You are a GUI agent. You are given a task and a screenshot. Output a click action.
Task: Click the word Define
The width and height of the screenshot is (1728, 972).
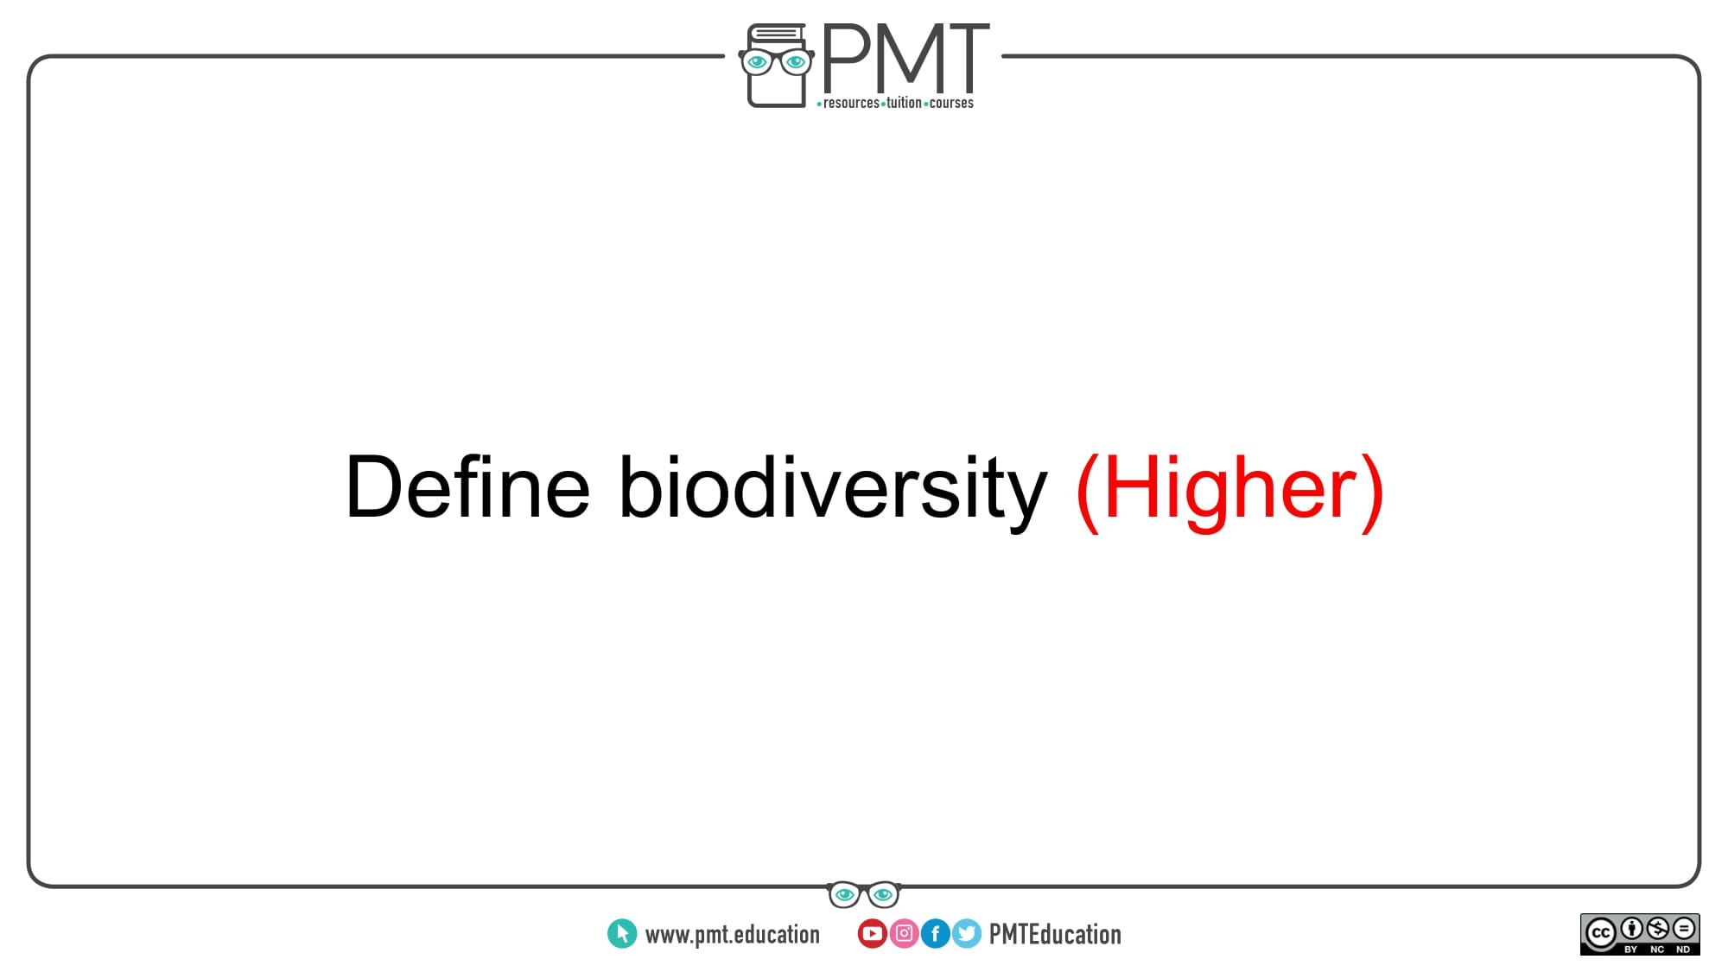tap(467, 487)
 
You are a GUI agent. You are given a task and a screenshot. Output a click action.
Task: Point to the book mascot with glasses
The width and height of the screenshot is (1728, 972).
tap(776, 66)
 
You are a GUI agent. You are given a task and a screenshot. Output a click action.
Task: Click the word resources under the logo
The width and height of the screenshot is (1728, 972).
tap(851, 103)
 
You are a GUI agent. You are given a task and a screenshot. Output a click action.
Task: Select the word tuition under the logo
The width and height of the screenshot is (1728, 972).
tap(904, 103)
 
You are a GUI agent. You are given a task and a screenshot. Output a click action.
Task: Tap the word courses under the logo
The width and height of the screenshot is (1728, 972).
tap(951, 103)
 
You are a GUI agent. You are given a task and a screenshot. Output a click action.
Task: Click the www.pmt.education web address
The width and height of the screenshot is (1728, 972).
tap(733, 935)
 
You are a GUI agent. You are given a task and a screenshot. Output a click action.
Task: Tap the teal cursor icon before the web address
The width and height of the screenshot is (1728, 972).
tap(622, 934)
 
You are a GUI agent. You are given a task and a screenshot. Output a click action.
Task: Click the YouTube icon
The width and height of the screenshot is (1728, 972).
tap(873, 934)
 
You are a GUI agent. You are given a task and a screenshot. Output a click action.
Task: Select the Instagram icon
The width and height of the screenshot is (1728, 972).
tap(904, 934)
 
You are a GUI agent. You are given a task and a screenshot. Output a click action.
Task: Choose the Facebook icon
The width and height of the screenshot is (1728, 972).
tap(936, 934)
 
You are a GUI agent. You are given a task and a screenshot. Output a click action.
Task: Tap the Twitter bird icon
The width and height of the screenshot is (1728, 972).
tap(967, 934)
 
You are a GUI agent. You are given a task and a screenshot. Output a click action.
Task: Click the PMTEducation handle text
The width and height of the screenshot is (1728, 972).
tap(1055, 935)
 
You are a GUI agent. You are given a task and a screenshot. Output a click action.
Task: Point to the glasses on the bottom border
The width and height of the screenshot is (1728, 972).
tap(864, 894)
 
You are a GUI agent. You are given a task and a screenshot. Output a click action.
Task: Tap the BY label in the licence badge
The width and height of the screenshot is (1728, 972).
tap(1631, 950)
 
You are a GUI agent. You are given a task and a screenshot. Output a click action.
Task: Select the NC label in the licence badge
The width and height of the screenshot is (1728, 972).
tap(1657, 950)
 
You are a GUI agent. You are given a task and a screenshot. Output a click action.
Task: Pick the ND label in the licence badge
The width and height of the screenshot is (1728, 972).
tap(1683, 950)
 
